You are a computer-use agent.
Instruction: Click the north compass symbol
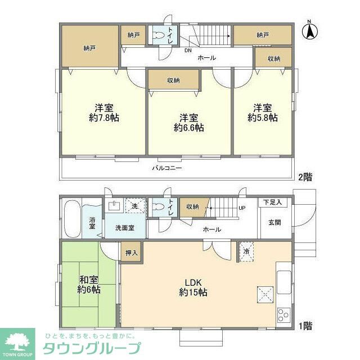coord(309,30)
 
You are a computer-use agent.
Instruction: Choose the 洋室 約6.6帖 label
coord(188,123)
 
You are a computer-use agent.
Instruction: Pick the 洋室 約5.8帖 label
coord(263,112)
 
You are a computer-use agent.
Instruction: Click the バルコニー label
coord(167,168)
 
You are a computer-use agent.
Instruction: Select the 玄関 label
coord(274,223)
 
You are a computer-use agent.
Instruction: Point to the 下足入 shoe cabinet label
coord(273,202)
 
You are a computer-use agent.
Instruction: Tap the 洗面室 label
coord(124,228)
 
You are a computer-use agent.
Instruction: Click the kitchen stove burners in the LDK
coord(282,314)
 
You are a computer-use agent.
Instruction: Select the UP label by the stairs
coord(242,208)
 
